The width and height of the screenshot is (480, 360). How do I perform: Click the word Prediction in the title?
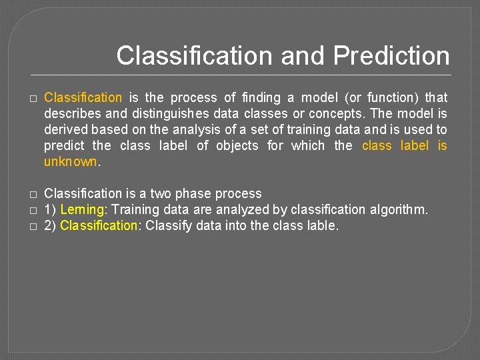[x=391, y=55]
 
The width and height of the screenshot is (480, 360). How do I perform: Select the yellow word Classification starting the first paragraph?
[x=83, y=98]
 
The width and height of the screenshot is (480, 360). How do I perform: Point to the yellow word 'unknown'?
[x=70, y=162]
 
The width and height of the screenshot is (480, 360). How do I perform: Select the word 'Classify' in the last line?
[x=168, y=225]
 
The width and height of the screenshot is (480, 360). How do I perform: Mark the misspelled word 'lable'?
[x=323, y=225]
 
